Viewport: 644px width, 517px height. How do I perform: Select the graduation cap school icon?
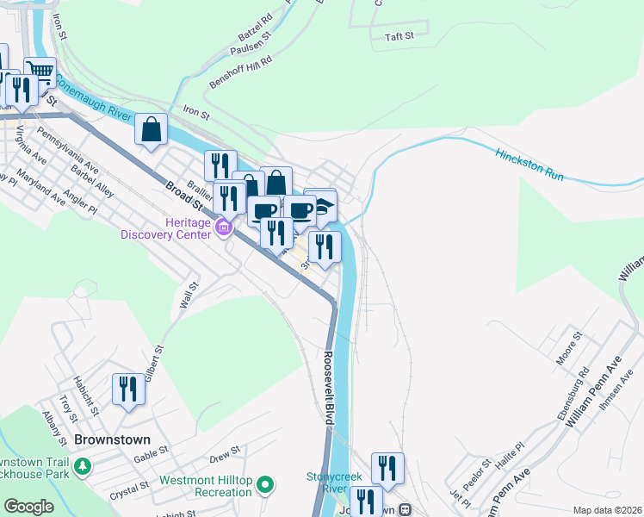point(323,207)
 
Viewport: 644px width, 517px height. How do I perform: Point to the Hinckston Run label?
point(529,164)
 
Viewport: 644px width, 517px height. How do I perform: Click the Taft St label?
point(399,36)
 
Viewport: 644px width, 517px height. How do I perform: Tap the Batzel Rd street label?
point(255,28)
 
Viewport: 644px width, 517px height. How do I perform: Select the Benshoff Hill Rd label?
point(240,73)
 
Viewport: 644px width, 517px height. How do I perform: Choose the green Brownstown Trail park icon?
point(82,467)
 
